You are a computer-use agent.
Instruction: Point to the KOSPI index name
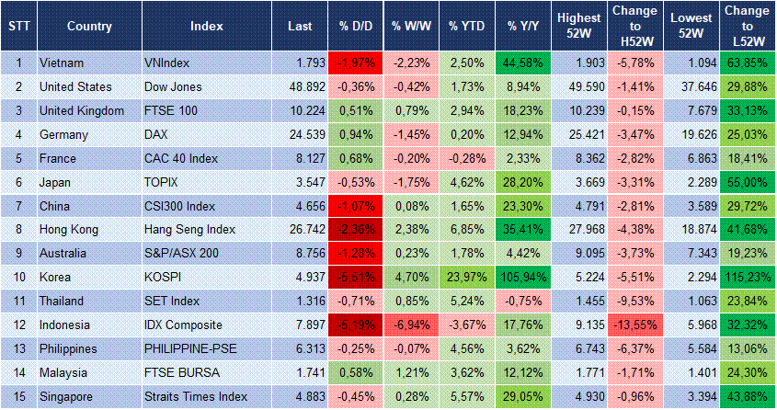166,277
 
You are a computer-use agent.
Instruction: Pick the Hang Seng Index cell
190,230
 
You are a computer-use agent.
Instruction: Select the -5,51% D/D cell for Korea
357,277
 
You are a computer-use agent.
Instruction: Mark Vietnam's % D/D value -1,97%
357,63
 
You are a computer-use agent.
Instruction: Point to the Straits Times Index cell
196,397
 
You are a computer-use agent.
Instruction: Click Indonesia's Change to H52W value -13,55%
634,325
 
